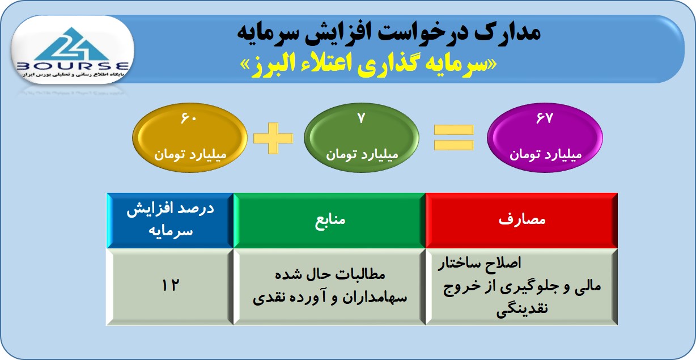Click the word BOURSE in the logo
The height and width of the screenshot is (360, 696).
(x=73, y=66)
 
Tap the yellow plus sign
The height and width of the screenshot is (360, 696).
(x=273, y=138)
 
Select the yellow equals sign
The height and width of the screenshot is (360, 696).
(x=453, y=137)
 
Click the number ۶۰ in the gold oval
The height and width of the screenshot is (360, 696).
(x=189, y=118)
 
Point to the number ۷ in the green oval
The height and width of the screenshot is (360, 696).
(x=361, y=118)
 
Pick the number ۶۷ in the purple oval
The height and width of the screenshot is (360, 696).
(x=545, y=118)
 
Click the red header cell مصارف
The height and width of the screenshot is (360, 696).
(x=521, y=221)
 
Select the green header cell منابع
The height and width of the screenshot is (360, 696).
(x=329, y=221)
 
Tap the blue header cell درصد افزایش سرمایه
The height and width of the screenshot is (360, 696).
(x=170, y=221)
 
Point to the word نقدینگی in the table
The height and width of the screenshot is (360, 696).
(x=522, y=310)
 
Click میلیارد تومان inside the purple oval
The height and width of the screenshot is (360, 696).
(x=545, y=155)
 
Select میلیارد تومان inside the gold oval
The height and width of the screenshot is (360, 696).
(x=190, y=155)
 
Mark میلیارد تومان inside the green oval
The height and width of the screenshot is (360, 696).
(x=362, y=155)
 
